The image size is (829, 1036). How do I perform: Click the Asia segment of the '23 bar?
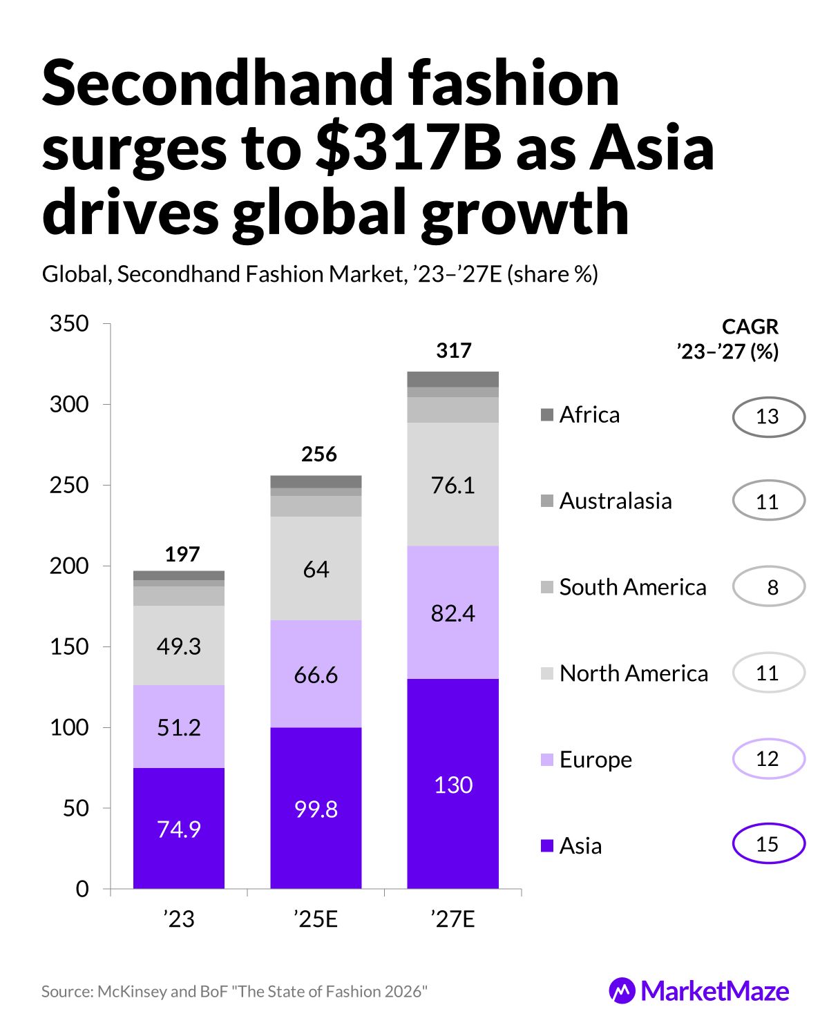pyautogui.click(x=179, y=828)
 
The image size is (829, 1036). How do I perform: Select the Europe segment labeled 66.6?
pyautogui.click(x=316, y=674)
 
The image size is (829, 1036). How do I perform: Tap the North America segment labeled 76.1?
pyautogui.click(x=452, y=485)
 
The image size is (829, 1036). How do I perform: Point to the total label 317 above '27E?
pyautogui.click(x=453, y=351)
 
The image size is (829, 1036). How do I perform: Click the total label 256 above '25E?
pyautogui.click(x=318, y=454)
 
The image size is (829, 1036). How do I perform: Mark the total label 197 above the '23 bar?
pyautogui.click(x=182, y=554)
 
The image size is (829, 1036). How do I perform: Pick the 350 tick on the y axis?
pyautogui.click(x=69, y=323)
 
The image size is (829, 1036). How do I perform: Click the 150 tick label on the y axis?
pyautogui.click(x=69, y=646)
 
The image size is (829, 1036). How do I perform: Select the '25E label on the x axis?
pyautogui.click(x=316, y=920)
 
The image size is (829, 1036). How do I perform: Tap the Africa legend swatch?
pyautogui.click(x=547, y=415)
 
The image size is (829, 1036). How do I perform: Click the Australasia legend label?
pyautogui.click(x=615, y=501)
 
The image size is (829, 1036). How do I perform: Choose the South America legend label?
pyautogui.click(x=633, y=587)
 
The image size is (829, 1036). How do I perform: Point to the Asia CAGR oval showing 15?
pyautogui.click(x=768, y=844)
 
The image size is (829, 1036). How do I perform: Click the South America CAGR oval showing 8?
pyautogui.click(x=768, y=587)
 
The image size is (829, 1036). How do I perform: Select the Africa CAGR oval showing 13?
pyautogui.click(x=768, y=416)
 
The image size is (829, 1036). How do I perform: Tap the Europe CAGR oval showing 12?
pyautogui.click(x=768, y=758)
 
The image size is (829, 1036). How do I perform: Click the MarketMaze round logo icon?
pyautogui.click(x=622, y=991)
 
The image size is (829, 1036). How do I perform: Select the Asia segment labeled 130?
pyautogui.click(x=452, y=785)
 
